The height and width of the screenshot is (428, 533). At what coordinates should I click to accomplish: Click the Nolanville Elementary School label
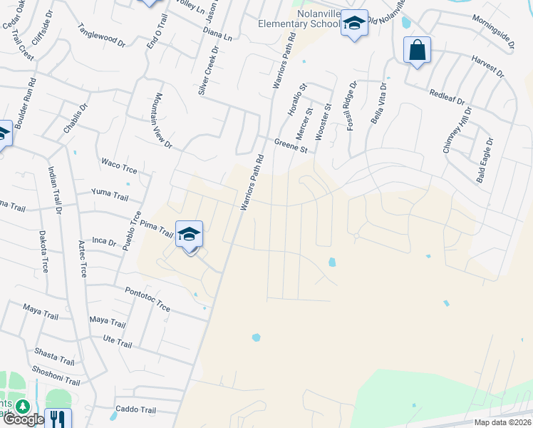click(x=295, y=19)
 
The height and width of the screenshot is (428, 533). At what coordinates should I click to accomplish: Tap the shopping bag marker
click(x=417, y=51)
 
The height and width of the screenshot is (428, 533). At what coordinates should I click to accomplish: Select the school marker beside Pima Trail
click(x=189, y=236)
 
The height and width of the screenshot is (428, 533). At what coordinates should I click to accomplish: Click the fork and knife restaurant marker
click(x=58, y=419)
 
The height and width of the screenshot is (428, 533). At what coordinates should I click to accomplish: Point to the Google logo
click(x=24, y=419)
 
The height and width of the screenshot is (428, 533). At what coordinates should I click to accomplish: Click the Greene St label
click(x=290, y=146)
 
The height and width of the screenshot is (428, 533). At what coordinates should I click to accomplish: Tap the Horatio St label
click(x=297, y=101)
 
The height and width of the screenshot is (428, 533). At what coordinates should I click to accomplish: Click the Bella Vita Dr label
click(x=378, y=104)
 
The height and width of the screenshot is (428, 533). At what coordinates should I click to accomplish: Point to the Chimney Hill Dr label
click(x=457, y=131)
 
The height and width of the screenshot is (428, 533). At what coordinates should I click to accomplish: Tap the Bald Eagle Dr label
click(x=485, y=160)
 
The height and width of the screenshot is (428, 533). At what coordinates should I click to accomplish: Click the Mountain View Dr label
click(x=163, y=121)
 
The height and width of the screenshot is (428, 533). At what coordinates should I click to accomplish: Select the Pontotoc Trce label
click(x=148, y=299)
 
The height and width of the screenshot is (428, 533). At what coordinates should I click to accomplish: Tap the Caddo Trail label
click(x=135, y=410)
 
